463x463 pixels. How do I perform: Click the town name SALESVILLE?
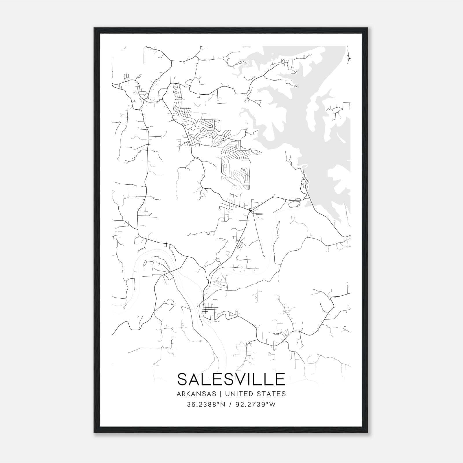click(x=231, y=379)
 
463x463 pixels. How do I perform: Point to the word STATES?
click(x=271, y=394)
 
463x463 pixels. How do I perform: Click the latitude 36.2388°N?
click(x=206, y=405)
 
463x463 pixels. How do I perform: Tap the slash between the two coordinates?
click(x=230, y=405)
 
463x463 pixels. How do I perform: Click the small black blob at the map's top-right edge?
click(x=349, y=58)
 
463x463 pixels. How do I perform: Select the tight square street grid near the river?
click(x=209, y=312)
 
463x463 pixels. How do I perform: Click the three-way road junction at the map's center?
click(x=250, y=211)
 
